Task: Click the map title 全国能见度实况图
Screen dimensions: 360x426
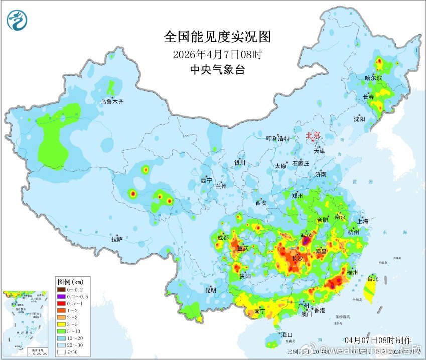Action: tap(217, 37)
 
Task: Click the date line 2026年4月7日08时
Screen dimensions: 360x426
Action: tap(217, 54)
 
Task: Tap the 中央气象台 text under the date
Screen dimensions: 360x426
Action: tap(217, 70)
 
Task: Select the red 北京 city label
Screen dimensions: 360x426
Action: tap(313, 135)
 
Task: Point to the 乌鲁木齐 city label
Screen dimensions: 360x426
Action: tap(112, 101)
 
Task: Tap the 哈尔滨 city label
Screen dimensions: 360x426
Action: tap(373, 78)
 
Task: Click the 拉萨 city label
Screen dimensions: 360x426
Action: tap(117, 239)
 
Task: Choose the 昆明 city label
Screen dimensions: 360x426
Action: tap(210, 290)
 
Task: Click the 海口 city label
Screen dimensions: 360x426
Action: tap(287, 334)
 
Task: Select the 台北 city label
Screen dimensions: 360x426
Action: tap(372, 278)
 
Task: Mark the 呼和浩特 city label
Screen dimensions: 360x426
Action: tap(277, 138)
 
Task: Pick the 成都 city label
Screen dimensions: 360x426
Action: tap(223, 237)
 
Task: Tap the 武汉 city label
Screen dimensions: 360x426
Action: tap(306, 234)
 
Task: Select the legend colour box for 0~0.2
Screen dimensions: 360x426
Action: tap(60, 289)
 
